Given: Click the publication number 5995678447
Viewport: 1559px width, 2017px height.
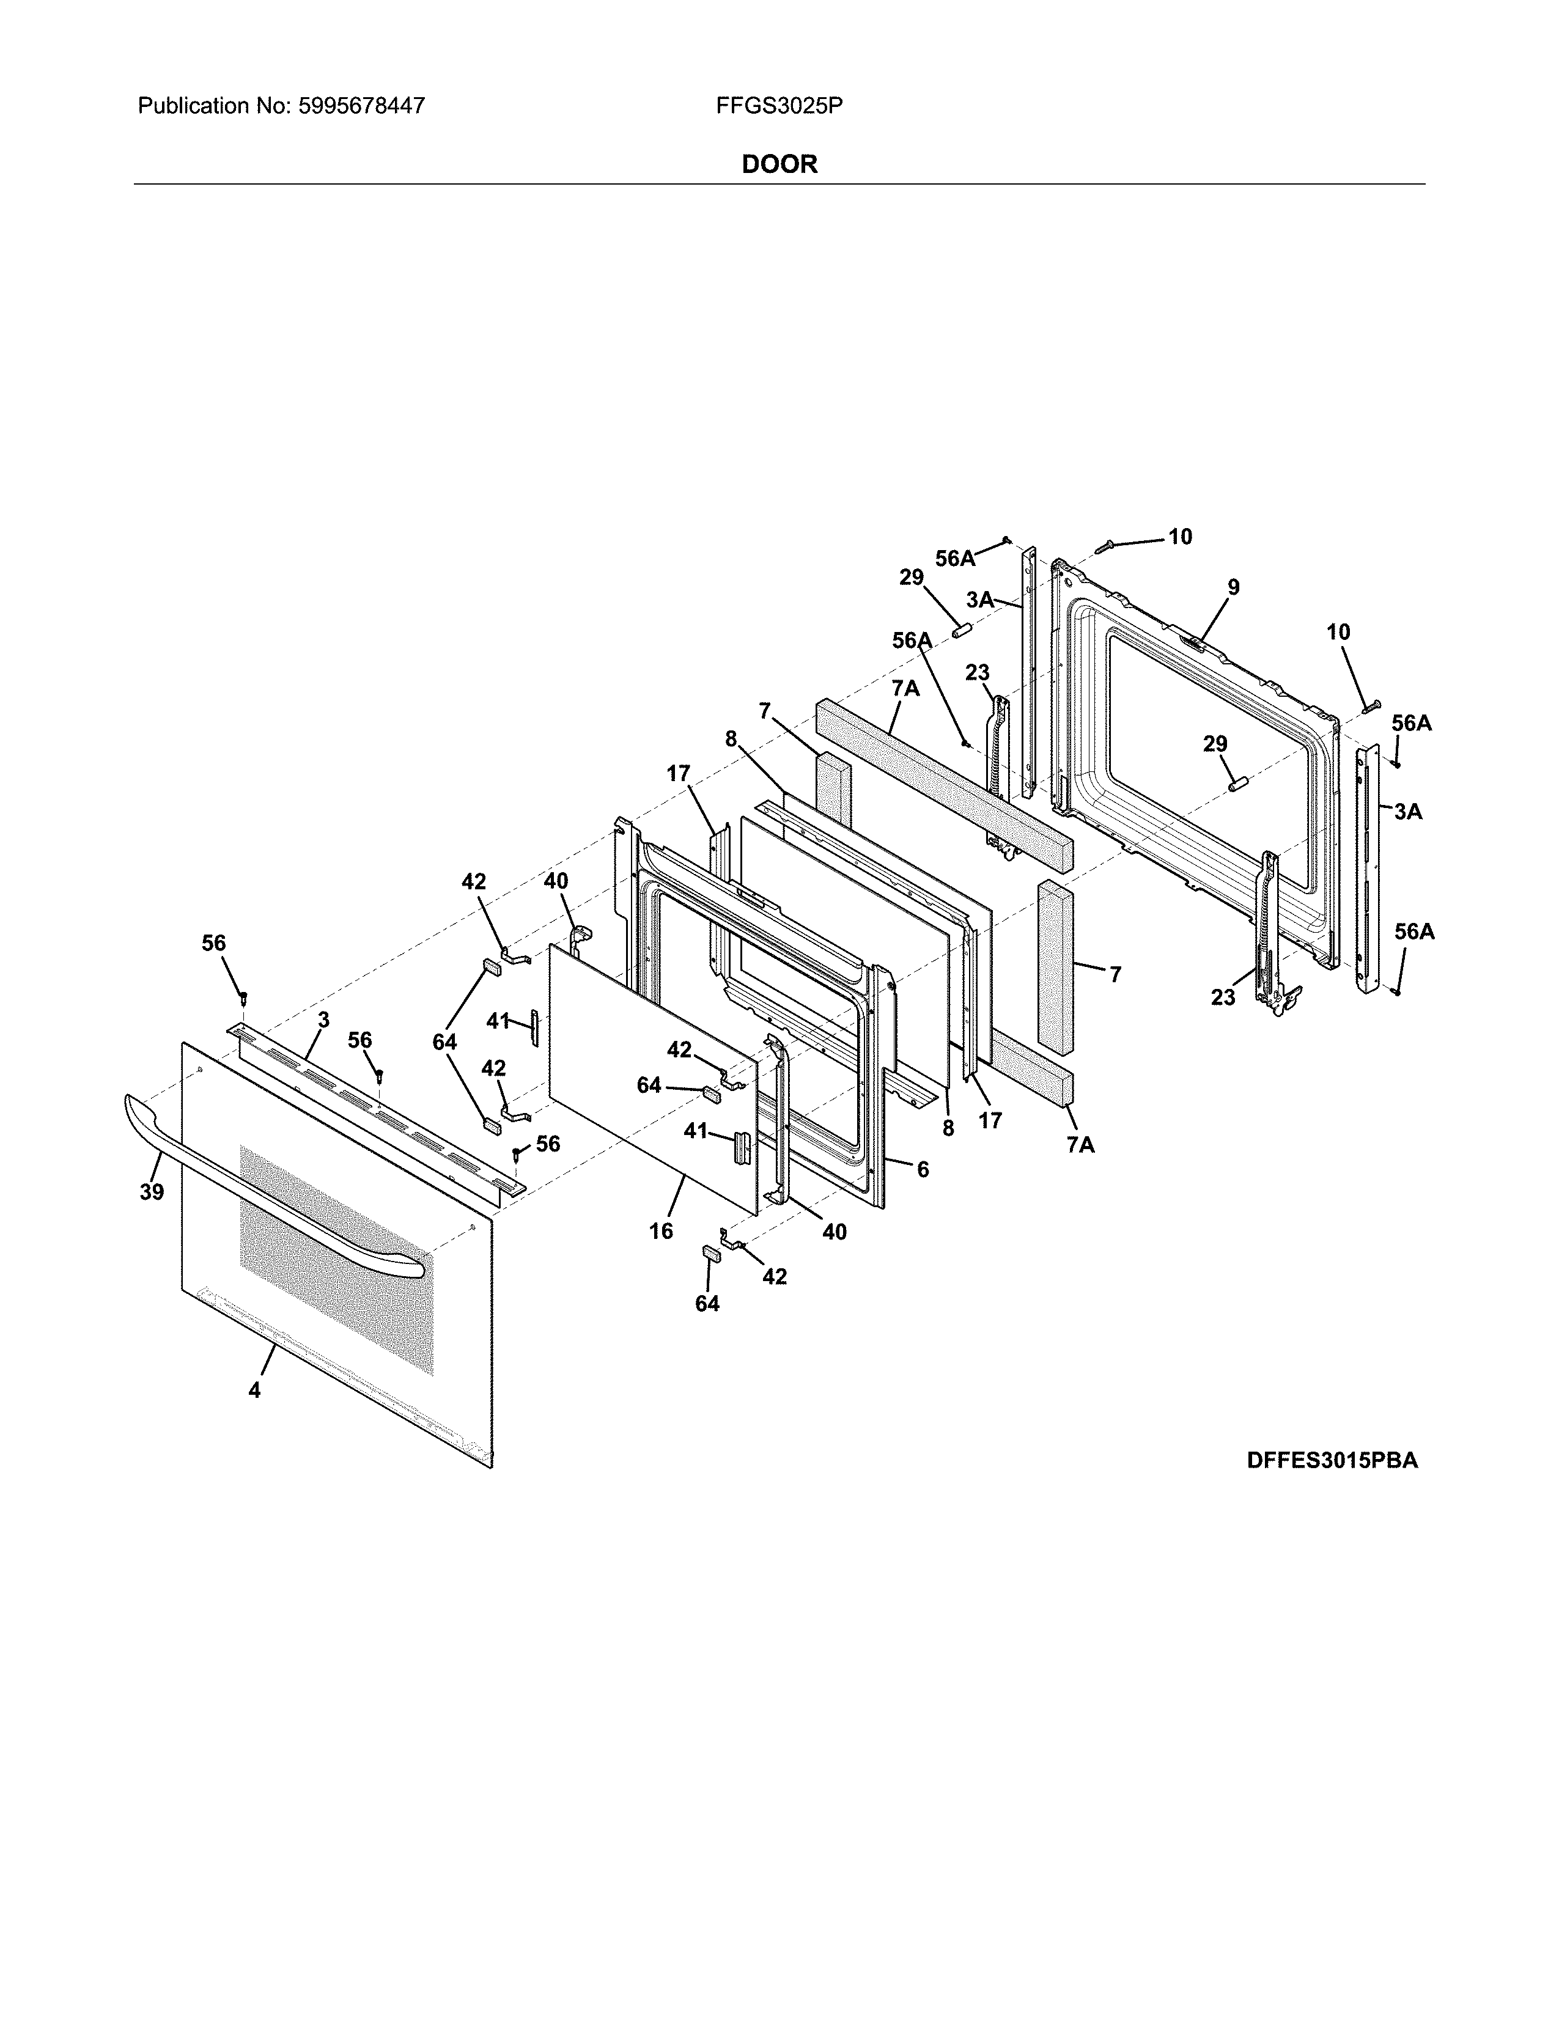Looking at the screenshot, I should click(x=362, y=106).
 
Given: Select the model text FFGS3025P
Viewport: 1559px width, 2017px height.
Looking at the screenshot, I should click(x=778, y=106).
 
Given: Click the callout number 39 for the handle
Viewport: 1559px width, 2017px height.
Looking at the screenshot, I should click(x=152, y=1192).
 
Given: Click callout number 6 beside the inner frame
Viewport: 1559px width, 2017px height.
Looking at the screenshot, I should click(x=922, y=1169).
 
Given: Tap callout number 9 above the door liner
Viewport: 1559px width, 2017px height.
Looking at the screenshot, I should click(x=1233, y=587).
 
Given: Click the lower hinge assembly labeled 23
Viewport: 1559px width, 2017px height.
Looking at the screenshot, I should click(x=1275, y=933).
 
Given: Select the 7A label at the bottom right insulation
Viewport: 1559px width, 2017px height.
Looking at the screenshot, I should click(x=1080, y=1144).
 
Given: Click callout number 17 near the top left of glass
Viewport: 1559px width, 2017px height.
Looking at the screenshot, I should click(x=678, y=774).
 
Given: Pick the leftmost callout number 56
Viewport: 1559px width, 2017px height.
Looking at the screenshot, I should click(x=213, y=943).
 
